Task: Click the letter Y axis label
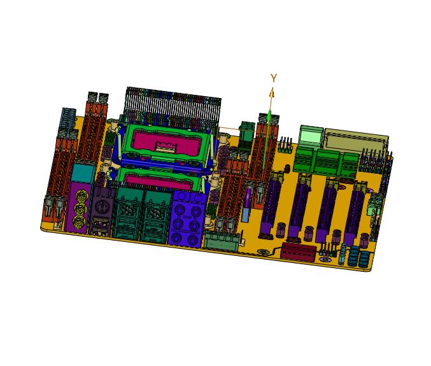point(274,78)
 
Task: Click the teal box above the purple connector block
point(83,173)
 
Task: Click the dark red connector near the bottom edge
point(298,251)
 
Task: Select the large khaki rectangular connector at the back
point(357,141)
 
